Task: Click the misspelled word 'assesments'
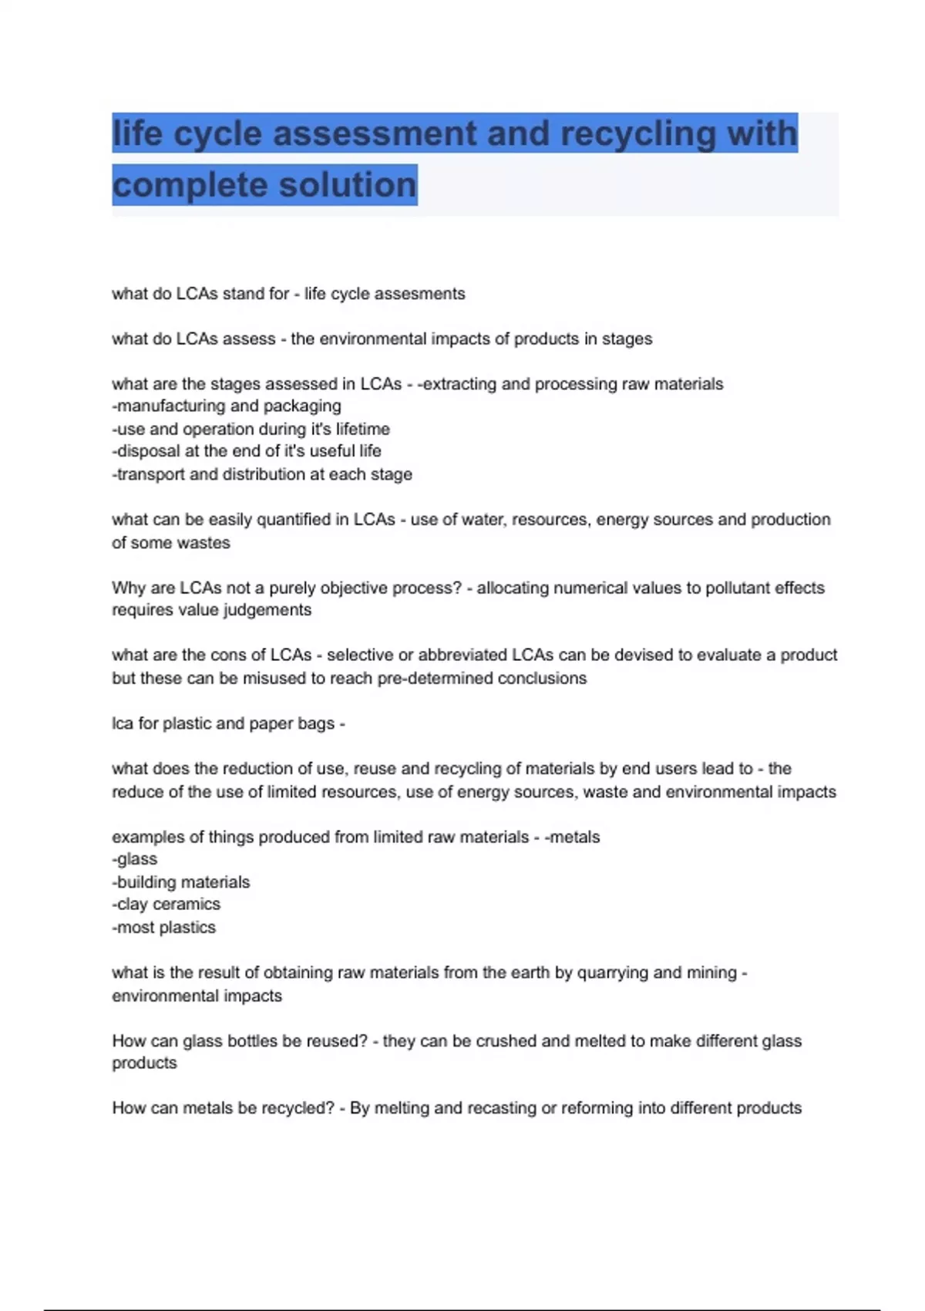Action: click(422, 294)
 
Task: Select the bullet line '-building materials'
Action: click(182, 882)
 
